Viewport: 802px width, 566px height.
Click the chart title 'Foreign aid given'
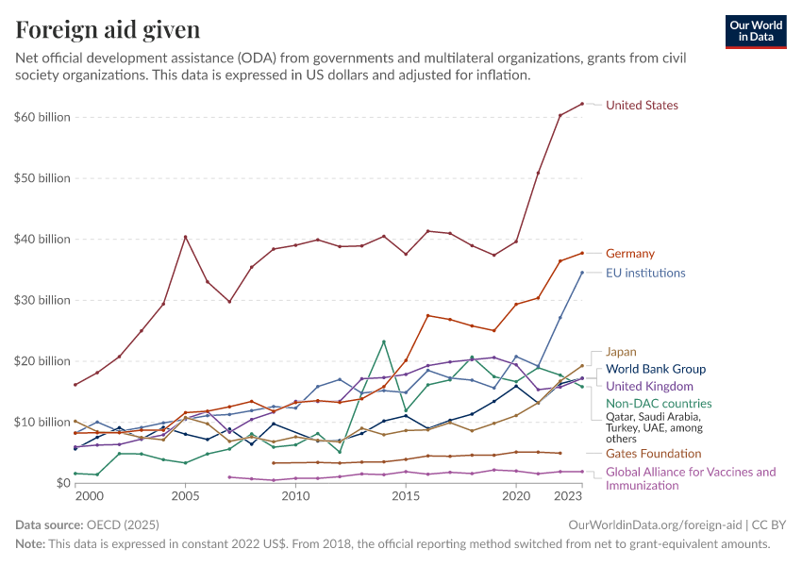108,30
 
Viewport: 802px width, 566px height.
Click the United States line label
642,105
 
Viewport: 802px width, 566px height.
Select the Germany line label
629,254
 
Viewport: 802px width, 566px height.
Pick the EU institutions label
645,274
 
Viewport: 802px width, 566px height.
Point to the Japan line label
621,352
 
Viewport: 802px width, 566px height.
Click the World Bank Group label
655,370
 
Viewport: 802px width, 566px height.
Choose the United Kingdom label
649,387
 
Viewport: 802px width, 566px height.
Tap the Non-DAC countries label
658,404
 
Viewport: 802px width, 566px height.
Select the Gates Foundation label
653,454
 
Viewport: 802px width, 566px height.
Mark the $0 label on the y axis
57,483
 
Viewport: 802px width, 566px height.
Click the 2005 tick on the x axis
185,496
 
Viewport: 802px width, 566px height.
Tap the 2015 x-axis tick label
406,496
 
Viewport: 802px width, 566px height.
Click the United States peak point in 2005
185,237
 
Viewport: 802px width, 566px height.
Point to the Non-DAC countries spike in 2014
384,341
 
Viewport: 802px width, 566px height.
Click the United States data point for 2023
582,104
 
